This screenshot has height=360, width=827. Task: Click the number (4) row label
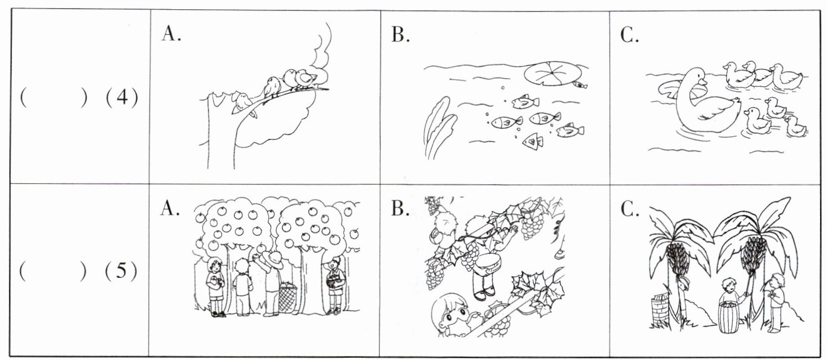pyautogui.click(x=122, y=98)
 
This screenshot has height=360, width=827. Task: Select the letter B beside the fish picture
pyautogui.click(x=400, y=35)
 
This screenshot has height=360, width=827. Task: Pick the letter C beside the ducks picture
pyautogui.click(x=630, y=35)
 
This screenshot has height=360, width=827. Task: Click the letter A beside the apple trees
pyautogui.click(x=170, y=208)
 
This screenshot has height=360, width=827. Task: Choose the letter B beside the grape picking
pyautogui.click(x=400, y=209)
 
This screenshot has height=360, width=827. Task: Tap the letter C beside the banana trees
pyautogui.click(x=630, y=209)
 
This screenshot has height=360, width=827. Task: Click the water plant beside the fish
pyautogui.click(x=439, y=127)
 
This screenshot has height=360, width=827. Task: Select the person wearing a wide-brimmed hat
pyautogui.click(x=272, y=283)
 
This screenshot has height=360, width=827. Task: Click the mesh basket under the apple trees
pyautogui.click(x=288, y=296)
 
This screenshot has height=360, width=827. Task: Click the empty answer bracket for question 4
pyautogui.click(x=54, y=98)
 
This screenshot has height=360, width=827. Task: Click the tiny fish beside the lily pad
pyautogui.click(x=580, y=86)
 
